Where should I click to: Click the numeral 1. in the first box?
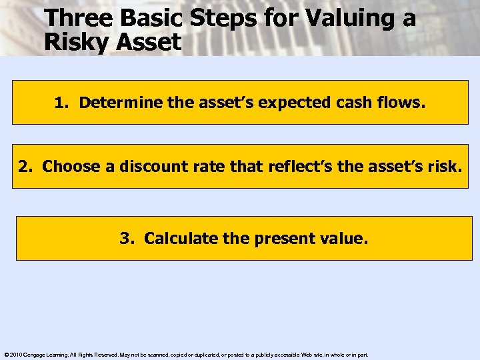click(x=61, y=103)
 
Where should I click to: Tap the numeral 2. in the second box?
click(x=26, y=167)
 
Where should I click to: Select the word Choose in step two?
click(x=71, y=167)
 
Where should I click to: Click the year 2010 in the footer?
click(x=15, y=355)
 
